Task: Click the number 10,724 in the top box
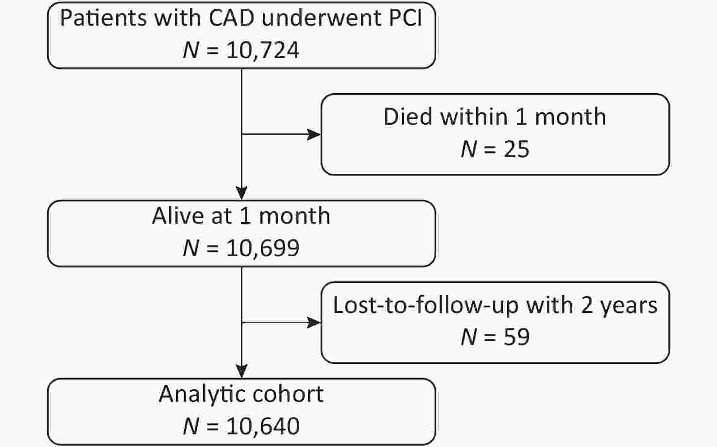(263, 50)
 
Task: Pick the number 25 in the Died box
(517, 149)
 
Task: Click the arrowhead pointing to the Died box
(314, 134)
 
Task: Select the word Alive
(178, 216)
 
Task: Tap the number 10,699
(263, 248)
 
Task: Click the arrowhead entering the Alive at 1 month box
(241, 193)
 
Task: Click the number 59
(517, 337)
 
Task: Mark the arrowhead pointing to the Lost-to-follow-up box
(314, 323)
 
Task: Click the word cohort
(288, 394)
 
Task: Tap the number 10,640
(263, 426)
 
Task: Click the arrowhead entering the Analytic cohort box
(241, 372)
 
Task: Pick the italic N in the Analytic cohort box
(191, 426)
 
